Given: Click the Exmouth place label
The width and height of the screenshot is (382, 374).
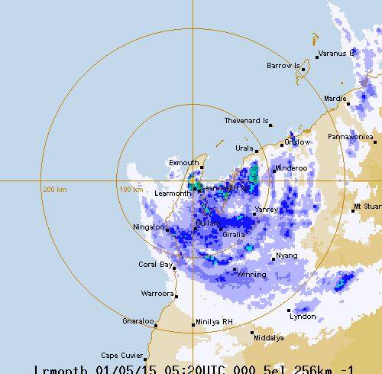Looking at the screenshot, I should (x=183, y=163).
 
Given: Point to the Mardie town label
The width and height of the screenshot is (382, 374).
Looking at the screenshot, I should (x=335, y=99).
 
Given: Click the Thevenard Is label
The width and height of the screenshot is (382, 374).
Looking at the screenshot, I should (x=246, y=121).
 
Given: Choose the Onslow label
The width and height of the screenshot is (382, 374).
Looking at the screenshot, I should (x=298, y=141).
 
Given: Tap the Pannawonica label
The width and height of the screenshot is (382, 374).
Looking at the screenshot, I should (x=349, y=137).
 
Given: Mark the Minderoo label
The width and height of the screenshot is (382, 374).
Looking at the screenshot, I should (x=290, y=167).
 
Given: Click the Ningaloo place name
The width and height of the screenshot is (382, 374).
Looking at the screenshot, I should (x=149, y=227).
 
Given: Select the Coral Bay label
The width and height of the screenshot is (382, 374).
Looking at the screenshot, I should (x=155, y=265).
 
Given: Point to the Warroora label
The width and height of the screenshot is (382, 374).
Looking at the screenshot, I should (x=157, y=293).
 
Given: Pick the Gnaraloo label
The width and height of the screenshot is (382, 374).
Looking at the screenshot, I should (x=138, y=321).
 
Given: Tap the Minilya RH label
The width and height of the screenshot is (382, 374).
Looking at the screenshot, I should (x=215, y=322).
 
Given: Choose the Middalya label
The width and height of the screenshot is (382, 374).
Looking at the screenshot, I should (x=268, y=337).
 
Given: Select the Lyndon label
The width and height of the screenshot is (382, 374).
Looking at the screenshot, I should (x=303, y=316).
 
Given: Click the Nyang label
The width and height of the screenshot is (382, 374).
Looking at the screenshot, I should (x=287, y=255).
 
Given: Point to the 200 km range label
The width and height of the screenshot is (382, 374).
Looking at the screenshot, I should (x=55, y=189).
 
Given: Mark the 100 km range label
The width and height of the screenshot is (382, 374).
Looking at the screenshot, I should (x=131, y=189).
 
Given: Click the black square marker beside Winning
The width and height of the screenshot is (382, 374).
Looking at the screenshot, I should (x=235, y=269).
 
